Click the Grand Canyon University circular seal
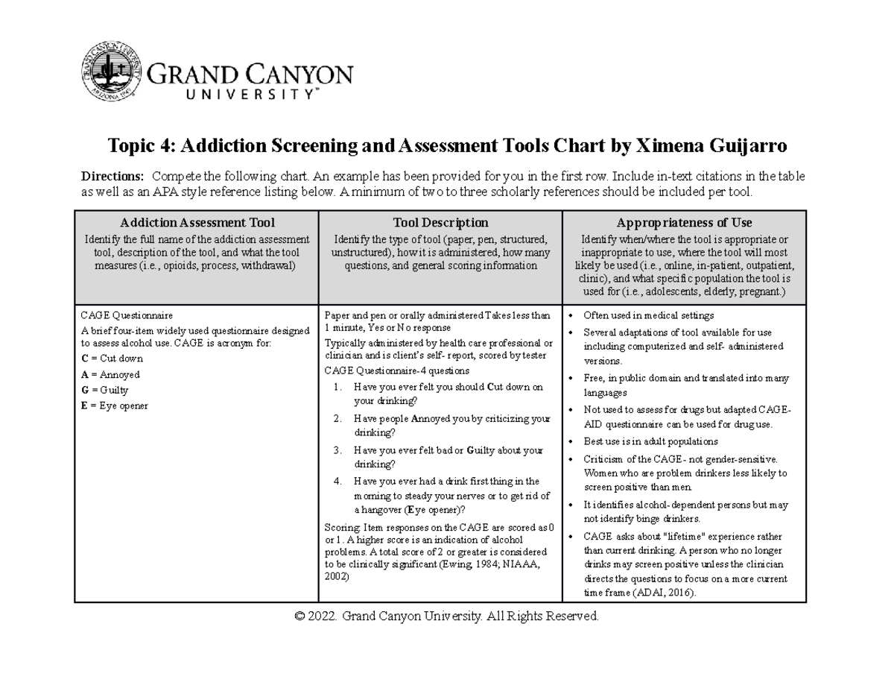click(110, 76)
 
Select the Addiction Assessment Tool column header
click(197, 222)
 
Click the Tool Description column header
click(440, 222)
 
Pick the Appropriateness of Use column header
click(684, 222)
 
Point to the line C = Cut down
click(112, 359)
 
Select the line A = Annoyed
click(110, 374)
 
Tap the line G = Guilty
click(104, 390)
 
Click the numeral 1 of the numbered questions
click(337, 387)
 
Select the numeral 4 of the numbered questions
click(337, 482)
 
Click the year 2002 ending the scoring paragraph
click(337, 577)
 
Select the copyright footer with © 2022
click(446, 616)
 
